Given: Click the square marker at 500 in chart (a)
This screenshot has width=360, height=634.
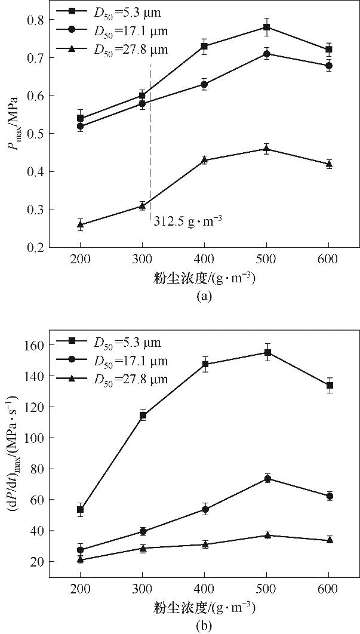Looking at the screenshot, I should [266, 27].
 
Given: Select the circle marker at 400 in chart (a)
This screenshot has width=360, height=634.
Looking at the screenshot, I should [204, 84].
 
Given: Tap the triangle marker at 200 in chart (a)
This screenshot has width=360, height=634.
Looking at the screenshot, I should [80, 224].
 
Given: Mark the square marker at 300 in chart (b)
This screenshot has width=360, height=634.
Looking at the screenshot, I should [143, 415].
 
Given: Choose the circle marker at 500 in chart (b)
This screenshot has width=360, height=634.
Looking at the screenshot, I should [267, 478].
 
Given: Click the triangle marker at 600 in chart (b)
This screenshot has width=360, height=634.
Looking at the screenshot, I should [330, 540].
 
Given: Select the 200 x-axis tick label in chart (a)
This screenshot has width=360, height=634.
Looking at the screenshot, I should [80, 260].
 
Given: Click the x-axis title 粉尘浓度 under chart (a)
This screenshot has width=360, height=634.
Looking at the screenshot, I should [204, 278].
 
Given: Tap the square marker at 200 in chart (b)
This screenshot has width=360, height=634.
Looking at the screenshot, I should [80, 509].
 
